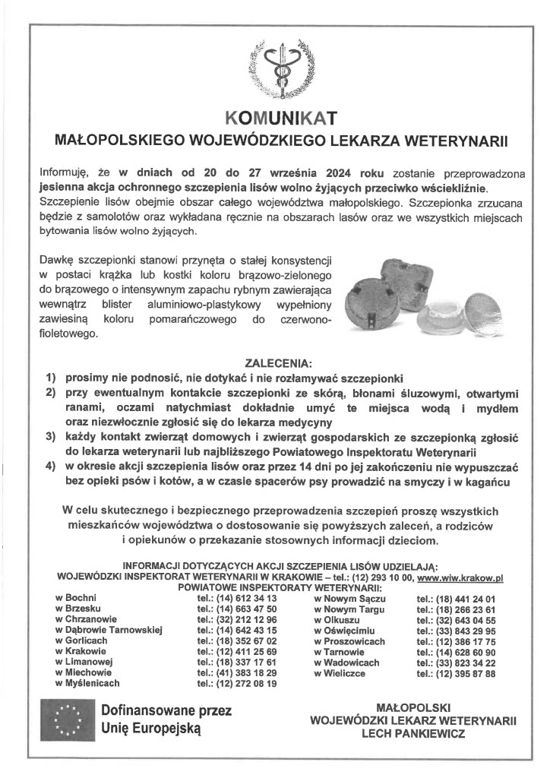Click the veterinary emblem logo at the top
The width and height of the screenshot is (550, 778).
(x=275, y=72)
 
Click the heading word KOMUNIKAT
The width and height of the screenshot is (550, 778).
(x=275, y=118)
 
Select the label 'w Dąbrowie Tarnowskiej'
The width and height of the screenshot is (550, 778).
(x=109, y=631)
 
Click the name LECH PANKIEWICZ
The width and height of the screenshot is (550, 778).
(x=413, y=735)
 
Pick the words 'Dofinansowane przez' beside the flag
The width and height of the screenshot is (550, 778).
(x=166, y=711)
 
